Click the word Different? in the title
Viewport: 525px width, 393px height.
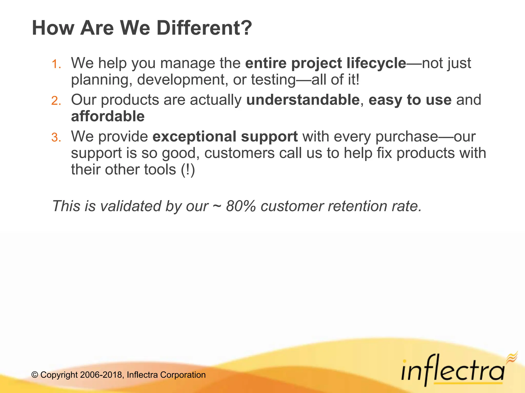point(204,28)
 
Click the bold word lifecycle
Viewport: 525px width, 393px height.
point(376,63)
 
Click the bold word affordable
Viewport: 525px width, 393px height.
point(108,116)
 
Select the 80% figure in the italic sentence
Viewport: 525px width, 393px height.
point(241,206)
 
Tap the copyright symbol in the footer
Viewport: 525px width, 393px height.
point(35,375)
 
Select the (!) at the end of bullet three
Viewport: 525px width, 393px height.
point(188,170)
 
